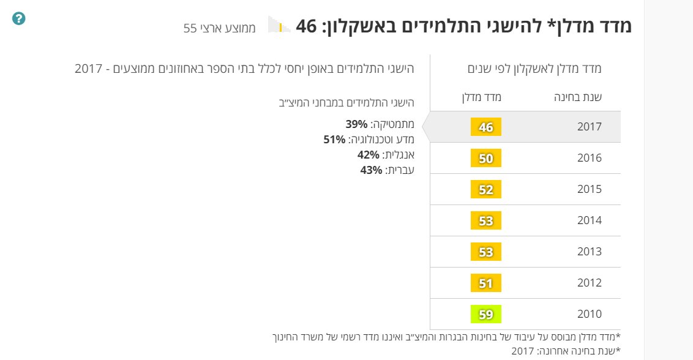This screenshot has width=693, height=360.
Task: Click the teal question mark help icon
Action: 18,19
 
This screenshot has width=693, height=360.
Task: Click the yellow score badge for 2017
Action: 486,127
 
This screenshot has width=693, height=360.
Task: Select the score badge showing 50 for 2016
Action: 486,159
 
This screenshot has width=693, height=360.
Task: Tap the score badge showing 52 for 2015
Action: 486,190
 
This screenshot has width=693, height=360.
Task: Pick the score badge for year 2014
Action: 486,221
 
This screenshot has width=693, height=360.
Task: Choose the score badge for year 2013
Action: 486,252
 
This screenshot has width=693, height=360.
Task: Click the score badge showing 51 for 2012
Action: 486,283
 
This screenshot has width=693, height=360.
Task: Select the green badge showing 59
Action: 486,314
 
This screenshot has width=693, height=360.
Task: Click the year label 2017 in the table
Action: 590,127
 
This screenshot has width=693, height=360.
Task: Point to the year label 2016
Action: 590,159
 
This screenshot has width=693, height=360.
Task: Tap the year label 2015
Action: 590,190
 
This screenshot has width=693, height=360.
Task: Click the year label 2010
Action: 590,314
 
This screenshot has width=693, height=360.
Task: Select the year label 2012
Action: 590,283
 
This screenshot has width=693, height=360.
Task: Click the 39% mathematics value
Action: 356,124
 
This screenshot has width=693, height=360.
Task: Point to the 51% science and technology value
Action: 335,140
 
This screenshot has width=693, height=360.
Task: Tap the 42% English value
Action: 369,155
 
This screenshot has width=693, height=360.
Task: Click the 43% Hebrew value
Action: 371,170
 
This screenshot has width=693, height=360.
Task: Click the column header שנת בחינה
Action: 577,97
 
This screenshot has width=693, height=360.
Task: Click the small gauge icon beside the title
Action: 279,26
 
